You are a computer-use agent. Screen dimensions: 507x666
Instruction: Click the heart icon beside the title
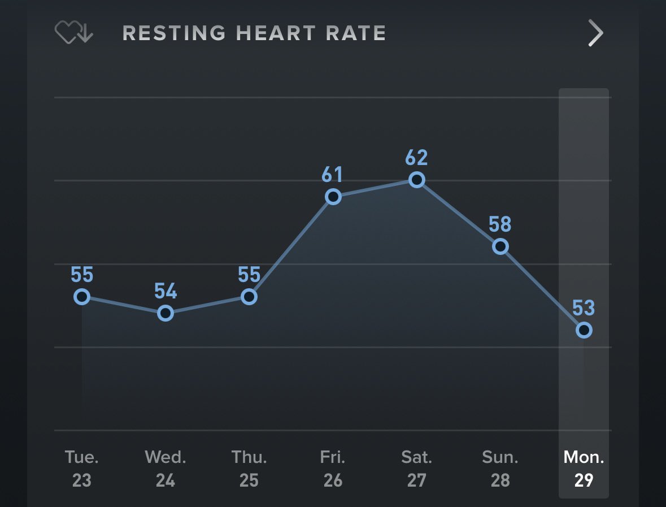pyautogui.click(x=73, y=33)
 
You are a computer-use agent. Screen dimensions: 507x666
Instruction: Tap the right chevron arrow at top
pyautogui.click(x=595, y=33)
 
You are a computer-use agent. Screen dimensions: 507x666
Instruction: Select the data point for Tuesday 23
pyautogui.click(x=82, y=297)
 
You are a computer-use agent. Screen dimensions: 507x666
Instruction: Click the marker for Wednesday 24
pyautogui.click(x=165, y=313)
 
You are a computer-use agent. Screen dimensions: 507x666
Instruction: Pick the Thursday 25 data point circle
pyautogui.click(x=249, y=297)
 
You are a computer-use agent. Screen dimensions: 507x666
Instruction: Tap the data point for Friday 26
pyautogui.click(x=333, y=197)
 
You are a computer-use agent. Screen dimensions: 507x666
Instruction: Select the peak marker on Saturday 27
pyautogui.click(x=417, y=180)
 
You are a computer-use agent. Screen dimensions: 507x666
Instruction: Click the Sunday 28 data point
pyautogui.click(x=500, y=246)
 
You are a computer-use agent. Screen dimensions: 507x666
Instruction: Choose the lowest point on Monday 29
pyautogui.click(x=584, y=330)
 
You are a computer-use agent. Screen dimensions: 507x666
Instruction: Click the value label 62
pyautogui.click(x=417, y=158)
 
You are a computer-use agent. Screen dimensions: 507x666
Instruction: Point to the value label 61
pyautogui.click(x=333, y=175)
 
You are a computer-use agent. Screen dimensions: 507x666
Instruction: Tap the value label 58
pyautogui.click(x=500, y=224)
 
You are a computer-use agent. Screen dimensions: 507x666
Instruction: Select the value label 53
pyautogui.click(x=584, y=308)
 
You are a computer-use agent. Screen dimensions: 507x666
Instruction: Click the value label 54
pyautogui.click(x=166, y=292)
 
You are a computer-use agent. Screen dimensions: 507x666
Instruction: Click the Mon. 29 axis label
pyautogui.click(x=584, y=469)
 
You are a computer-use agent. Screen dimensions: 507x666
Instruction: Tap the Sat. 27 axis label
pyautogui.click(x=417, y=469)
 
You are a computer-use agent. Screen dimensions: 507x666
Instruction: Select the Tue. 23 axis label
pyautogui.click(x=82, y=469)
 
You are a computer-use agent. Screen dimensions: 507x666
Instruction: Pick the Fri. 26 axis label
pyautogui.click(x=333, y=469)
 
